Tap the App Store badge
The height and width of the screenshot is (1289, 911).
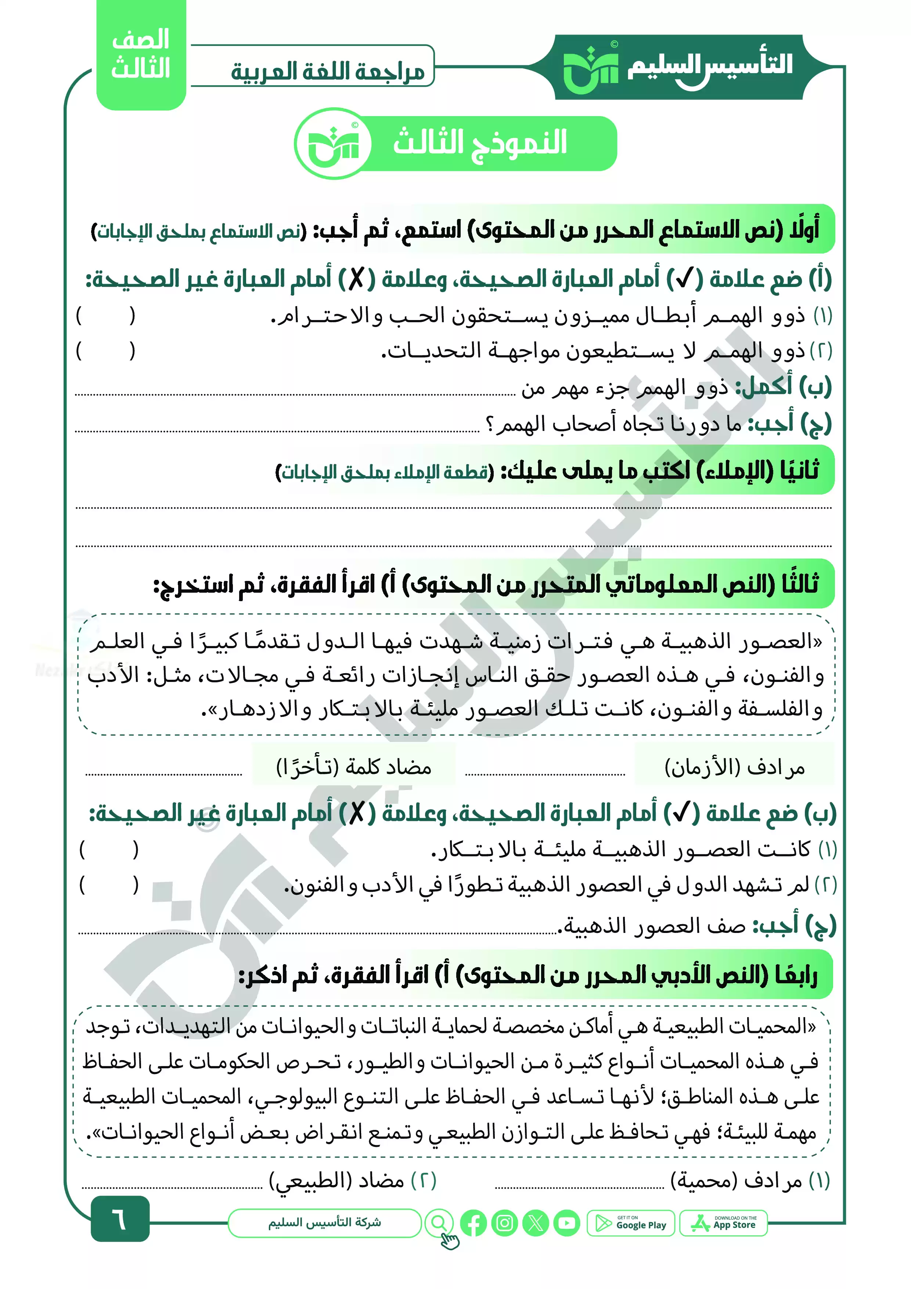(723, 1223)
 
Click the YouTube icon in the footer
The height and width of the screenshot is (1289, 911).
(566, 1223)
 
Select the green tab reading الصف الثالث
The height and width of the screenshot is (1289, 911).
(141, 54)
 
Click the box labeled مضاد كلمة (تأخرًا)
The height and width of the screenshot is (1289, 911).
(354, 767)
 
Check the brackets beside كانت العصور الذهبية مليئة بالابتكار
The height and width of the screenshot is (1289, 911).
(108, 850)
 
